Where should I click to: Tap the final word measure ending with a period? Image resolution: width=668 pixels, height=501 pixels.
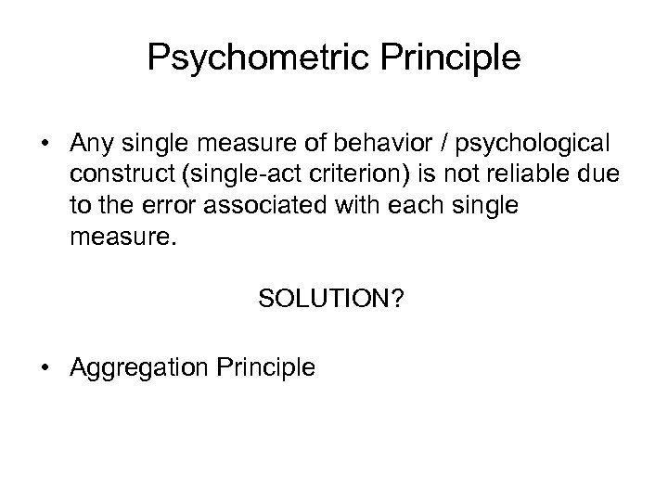[x=105, y=236]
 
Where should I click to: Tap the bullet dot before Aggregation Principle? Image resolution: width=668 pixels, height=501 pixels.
[x=43, y=367]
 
